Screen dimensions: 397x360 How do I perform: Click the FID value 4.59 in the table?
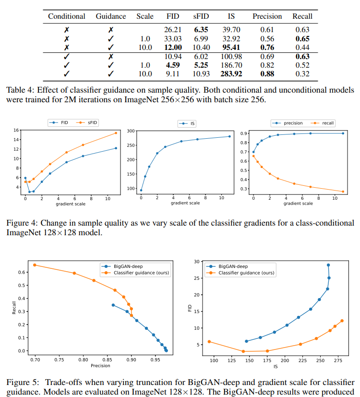point(173,65)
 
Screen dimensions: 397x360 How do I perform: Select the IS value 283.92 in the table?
point(231,74)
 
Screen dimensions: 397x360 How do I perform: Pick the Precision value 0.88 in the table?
point(267,74)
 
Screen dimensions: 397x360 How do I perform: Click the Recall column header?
point(302,16)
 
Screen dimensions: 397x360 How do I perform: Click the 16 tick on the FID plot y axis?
point(16,131)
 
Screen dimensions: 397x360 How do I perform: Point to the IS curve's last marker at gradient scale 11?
point(229,136)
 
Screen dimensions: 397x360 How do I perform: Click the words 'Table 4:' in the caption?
point(19,90)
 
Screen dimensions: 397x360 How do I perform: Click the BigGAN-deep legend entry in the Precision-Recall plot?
point(128,266)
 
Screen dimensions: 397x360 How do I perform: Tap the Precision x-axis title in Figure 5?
point(100,366)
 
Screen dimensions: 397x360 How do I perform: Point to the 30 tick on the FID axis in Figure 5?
point(197,262)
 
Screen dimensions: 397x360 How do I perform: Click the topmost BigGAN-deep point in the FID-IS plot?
point(328,265)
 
